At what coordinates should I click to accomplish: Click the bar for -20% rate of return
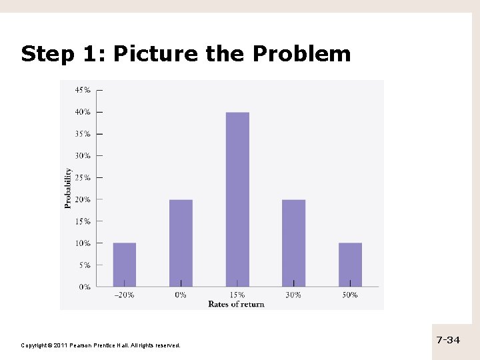click(125, 265)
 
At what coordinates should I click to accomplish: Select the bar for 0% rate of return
click(181, 243)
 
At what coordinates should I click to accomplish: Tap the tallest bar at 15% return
click(237, 200)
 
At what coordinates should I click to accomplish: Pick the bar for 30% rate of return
click(293, 243)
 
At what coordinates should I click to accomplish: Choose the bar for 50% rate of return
click(350, 265)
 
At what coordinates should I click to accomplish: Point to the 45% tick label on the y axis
click(83, 90)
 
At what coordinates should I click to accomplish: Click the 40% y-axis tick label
click(83, 112)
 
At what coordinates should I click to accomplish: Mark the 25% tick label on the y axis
click(83, 177)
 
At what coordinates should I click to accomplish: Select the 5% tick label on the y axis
click(85, 265)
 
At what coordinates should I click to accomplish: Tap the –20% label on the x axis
click(124, 295)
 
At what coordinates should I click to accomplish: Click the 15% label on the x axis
click(237, 295)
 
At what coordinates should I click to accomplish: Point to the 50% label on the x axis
click(350, 295)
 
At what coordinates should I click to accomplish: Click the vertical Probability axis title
click(68, 188)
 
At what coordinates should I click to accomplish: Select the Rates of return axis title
click(236, 304)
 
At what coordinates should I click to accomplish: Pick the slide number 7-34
click(448, 340)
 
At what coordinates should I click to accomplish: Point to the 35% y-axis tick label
click(83, 133)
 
